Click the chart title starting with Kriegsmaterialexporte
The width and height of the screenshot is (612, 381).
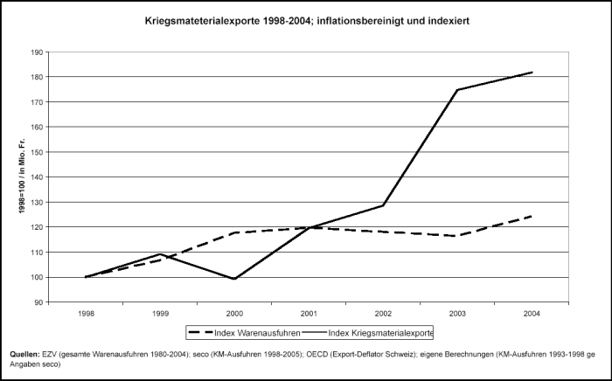[307, 19]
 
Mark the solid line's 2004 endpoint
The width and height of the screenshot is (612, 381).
[532, 73]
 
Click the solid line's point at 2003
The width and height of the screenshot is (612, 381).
[457, 90]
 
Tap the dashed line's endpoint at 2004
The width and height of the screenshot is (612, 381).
[532, 216]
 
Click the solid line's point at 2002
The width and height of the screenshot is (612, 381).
[383, 205]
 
